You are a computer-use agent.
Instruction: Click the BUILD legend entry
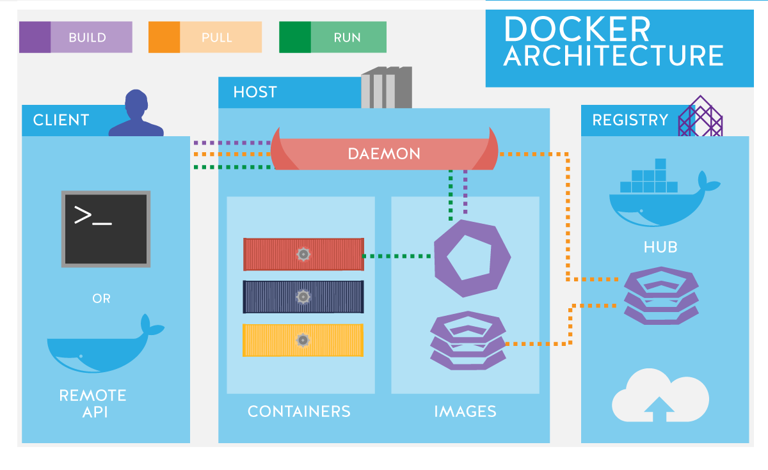pyautogui.click(x=76, y=37)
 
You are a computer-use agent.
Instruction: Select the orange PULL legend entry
pyautogui.click(x=205, y=37)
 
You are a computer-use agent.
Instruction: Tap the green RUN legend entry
pyautogui.click(x=333, y=37)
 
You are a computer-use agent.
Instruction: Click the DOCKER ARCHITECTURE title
pyautogui.click(x=612, y=42)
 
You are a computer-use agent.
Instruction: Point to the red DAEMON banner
pyautogui.click(x=384, y=153)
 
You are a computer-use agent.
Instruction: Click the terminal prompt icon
pyautogui.click(x=106, y=228)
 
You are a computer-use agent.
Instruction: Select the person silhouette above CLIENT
pyautogui.click(x=136, y=114)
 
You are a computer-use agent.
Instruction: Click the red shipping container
pyautogui.click(x=303, y=254)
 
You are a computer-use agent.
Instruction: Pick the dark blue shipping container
pyautogui.click(x=303, y=297)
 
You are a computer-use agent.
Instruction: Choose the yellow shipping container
pyautogui.click(x=303, y=340)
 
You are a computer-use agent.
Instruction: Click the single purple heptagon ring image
pyautogui.click(x=472, y=258)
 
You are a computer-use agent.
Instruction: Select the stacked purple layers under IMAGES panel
pyautogui.click(x=468, y=340)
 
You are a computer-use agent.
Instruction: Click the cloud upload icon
pyautogui.click(x=660, y=396)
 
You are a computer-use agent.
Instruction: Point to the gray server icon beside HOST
pyautogui.click(x=386, y=88)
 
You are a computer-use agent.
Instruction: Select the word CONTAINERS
pyautogui.click(x=299, y=411)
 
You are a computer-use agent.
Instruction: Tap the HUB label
pyautogui.click(x=660, y=247)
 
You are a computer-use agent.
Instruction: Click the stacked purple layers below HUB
pyautogui.click(x=660, y=295)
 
